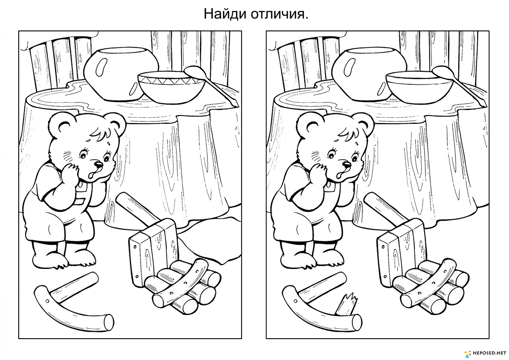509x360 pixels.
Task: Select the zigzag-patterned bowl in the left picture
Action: (x=172, y=87)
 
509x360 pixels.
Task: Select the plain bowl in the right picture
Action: (x=419, y=87)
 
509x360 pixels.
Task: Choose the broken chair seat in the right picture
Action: (x=401, y=251)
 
